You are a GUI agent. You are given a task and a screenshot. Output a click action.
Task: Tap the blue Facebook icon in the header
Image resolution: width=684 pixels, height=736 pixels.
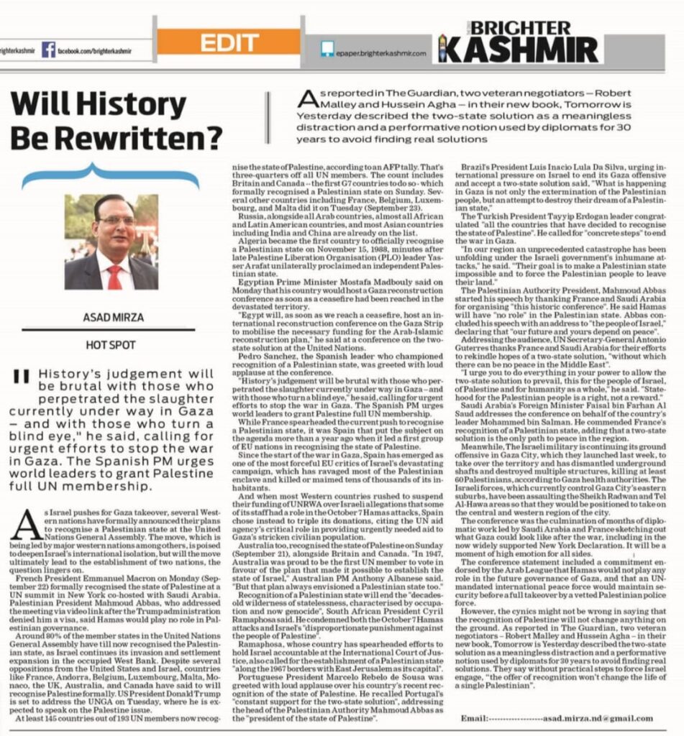pyautogui.click(x=48, y=50)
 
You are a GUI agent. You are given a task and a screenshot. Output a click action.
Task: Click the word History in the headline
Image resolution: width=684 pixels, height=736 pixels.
pyautogui.click(x=131, y=106)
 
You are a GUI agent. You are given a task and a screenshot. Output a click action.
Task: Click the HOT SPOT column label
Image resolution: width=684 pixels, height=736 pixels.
pyautogui.click(x=111, y=346)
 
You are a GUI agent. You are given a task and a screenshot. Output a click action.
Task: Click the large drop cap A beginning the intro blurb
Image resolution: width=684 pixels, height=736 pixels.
pyautogui.click(x=309, y=98)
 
